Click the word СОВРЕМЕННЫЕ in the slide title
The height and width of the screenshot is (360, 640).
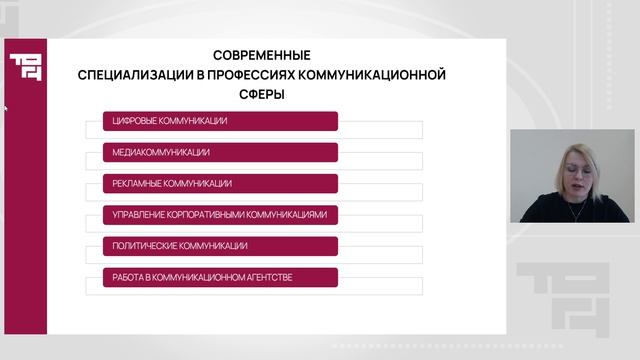262,55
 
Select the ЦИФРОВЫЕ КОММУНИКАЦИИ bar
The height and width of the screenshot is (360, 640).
220,121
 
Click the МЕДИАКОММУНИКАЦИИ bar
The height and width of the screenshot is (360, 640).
220,153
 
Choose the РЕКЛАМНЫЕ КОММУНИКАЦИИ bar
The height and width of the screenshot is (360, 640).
220,184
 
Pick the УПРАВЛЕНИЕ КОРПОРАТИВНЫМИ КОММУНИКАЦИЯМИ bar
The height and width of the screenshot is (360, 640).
220,215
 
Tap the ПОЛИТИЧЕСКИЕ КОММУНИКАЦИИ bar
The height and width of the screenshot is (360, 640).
220,246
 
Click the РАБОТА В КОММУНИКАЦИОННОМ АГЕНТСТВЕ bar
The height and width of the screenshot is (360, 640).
220,277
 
